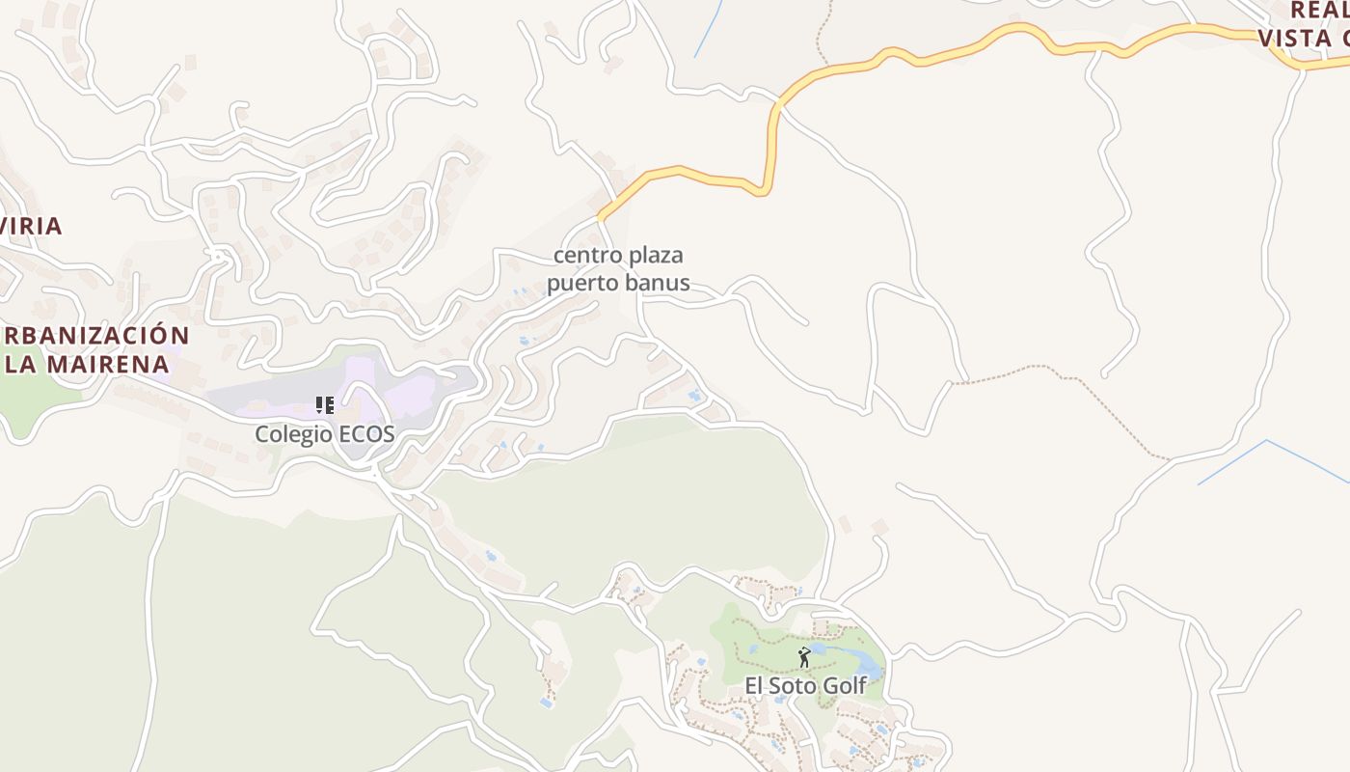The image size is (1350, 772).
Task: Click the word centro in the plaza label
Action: pyautogui.click(x=587, y=256)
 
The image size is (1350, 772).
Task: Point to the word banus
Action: pyautogui.click(x=660, y=283)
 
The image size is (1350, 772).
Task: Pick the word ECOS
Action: pyautogui.click(x=367, y=434)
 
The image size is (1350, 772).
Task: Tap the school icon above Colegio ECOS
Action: pyautogui.click(x=325, y=405)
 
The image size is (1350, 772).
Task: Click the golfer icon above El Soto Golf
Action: pyautogui.click(x=804, y=657)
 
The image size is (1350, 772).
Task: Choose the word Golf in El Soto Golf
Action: pyautogui.click(x=846, y=686)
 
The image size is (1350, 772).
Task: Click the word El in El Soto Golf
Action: pyautogui.click(x=753, y=686)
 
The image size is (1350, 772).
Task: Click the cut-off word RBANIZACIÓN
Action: pyautogui.click(x=96, y=336)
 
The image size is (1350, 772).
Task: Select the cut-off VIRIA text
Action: pyautogui.click(x=32, y=226)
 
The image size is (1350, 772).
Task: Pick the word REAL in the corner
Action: pyautogui.click(x=1319, y=10)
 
